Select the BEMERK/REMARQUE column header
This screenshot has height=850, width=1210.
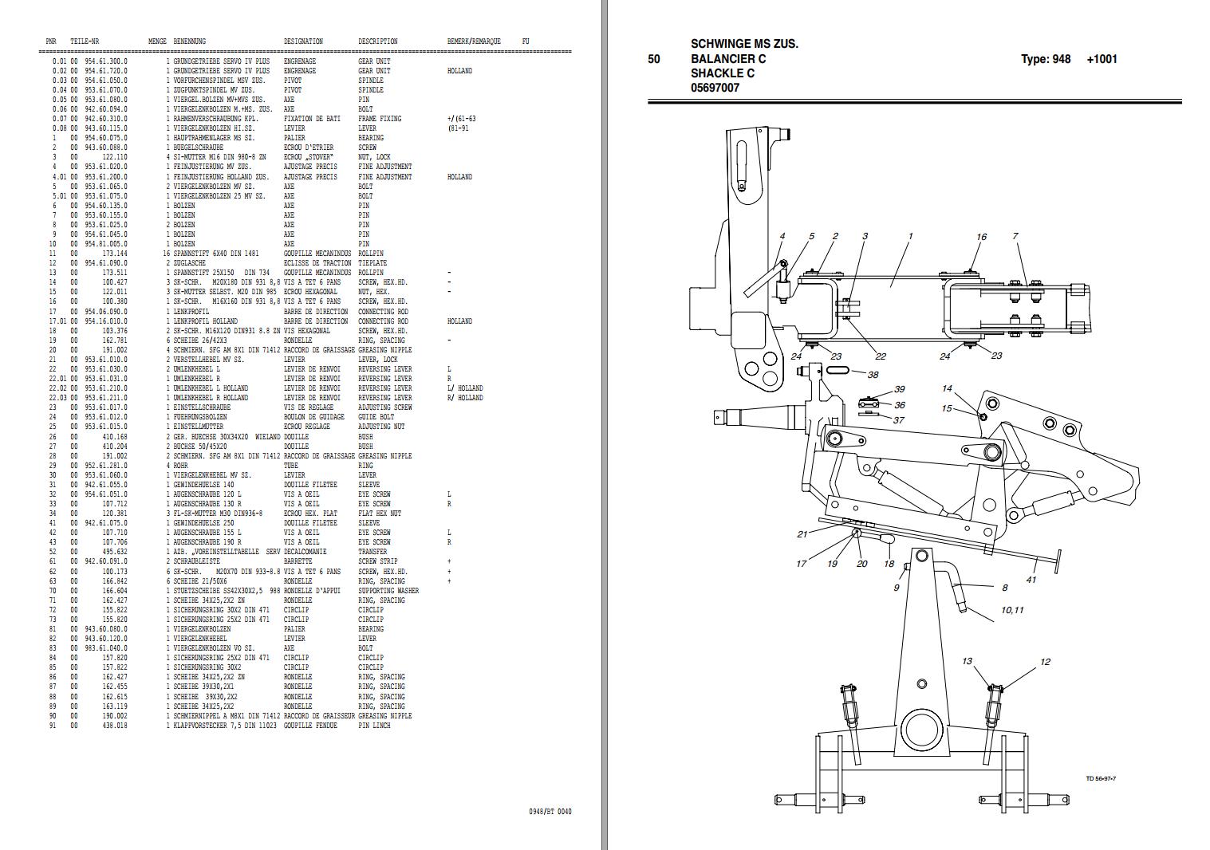(474, 41)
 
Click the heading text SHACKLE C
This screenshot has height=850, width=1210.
(723, 73)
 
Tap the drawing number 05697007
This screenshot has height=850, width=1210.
(715, 88)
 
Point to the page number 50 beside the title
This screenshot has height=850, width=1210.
(654, 59)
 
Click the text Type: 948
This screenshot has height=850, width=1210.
(1046, 59)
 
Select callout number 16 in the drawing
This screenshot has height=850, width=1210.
(981, 237)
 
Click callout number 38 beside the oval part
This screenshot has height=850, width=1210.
(873, 375)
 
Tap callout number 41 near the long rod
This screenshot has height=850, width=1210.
(1031, 580)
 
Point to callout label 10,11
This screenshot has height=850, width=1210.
(1012, 610)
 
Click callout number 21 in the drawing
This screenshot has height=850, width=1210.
(802, 534)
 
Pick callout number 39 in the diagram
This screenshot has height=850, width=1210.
(900, 389)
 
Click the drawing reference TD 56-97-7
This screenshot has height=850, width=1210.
(1100, 779)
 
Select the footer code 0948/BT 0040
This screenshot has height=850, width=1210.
(550, 812)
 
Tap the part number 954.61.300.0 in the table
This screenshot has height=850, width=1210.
(105, 61)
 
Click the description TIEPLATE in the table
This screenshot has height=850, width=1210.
(372, 263)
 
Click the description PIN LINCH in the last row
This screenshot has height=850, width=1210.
(374, 726)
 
